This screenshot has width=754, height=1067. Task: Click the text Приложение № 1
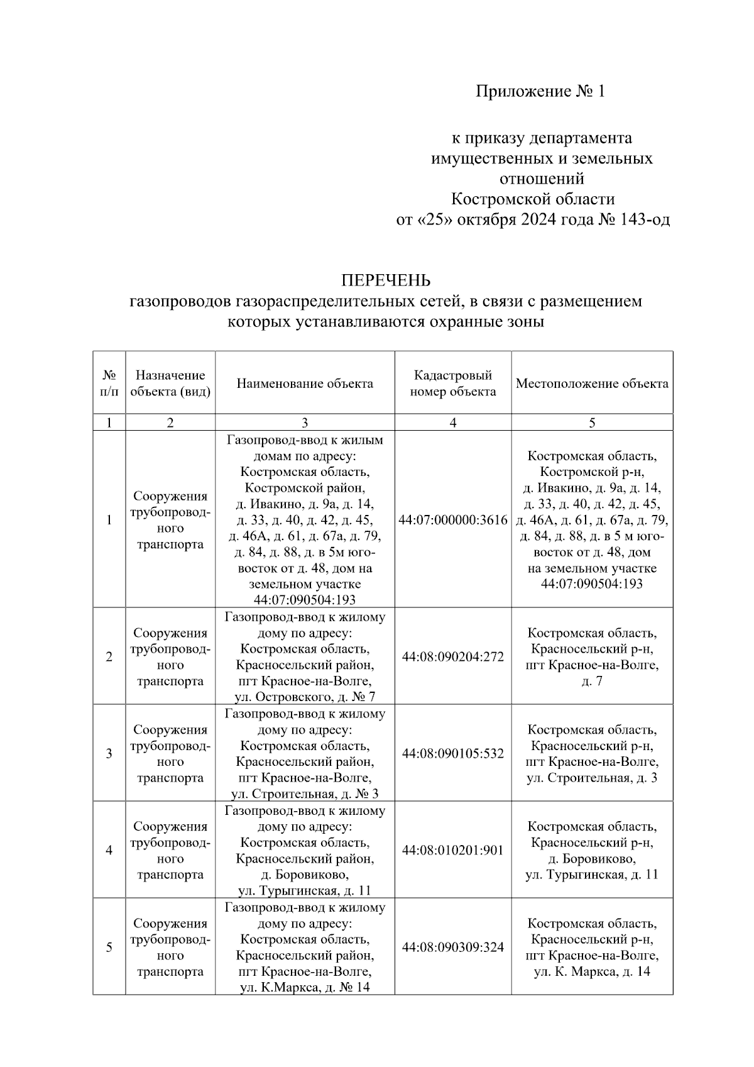tap(540, 92)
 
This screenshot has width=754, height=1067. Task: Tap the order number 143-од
tap(645, 220)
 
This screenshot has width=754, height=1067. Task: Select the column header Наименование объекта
tap(305, 384)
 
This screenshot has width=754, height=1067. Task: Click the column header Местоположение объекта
tap(592, 384)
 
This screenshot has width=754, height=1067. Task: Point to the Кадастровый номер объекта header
tap(452, 384)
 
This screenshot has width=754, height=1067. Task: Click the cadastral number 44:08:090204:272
tap(452, 657)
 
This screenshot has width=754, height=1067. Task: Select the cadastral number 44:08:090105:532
tap(452, 753)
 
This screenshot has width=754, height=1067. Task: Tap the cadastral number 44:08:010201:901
tap(452, 850)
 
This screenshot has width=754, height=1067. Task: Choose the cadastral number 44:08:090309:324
tap(452, 947)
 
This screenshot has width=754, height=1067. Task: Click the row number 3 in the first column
tap(109, 753)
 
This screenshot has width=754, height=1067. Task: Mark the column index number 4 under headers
tap(452, 423)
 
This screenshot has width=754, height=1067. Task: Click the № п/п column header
tap(109, 384)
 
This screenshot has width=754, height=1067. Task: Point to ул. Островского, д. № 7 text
tap(305, 697)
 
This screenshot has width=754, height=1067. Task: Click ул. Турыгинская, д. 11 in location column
tap(592, 874)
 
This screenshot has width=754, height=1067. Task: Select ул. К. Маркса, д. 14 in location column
tap(592, 971)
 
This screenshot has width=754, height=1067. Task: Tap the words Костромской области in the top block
tap(533, 199)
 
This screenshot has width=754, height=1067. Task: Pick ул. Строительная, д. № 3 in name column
tap(305, 793)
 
